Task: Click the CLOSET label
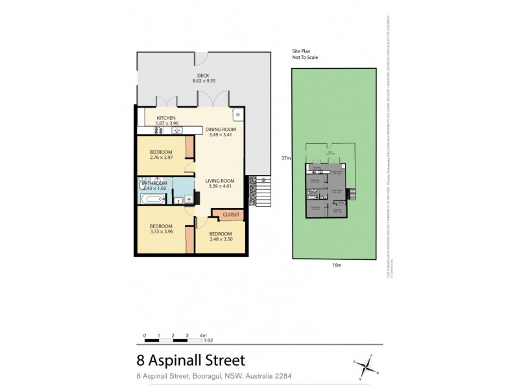coord(231,215)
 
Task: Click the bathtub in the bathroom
coord(149,200)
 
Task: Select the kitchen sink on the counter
coord(176,130)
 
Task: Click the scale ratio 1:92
coord(208,340)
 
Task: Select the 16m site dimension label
coord(335,265)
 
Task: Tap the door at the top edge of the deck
coord(202,58)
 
